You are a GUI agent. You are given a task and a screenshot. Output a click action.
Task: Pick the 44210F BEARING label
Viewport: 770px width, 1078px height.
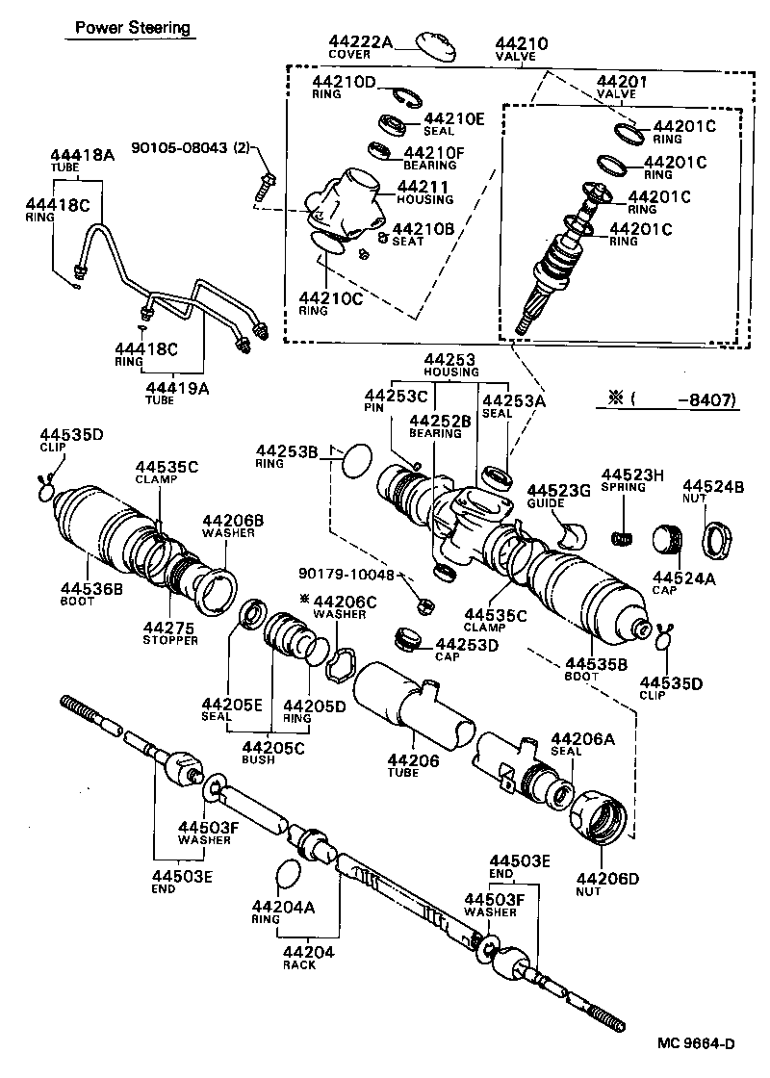434,158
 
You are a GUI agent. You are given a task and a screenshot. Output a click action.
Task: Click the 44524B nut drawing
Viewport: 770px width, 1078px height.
717,537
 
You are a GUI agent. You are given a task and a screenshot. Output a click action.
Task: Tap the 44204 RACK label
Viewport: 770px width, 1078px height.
304,959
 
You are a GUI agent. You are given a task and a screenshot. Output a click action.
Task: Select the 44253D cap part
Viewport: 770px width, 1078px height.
411,640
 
